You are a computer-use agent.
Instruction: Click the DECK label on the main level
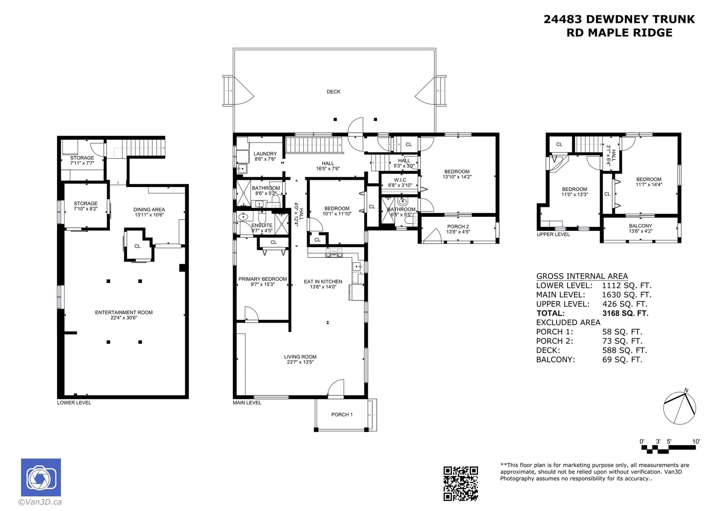333,92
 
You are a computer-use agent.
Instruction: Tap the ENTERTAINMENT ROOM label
124,313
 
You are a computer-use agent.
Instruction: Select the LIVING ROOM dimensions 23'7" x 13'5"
300,362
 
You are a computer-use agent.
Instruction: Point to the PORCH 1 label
342,414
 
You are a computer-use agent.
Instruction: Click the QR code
460,483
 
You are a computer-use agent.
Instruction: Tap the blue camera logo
41,477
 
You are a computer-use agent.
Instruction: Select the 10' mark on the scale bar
696,441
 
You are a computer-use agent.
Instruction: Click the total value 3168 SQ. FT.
625,313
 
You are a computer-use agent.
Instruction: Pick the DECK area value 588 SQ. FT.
624,350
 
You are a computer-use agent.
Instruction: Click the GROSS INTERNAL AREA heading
582,276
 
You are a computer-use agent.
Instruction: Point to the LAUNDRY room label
265,154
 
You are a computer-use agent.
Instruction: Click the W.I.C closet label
400,180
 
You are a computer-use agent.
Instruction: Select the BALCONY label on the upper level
640,226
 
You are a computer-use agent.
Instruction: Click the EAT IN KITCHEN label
323,281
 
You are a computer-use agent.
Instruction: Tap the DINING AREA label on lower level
149,210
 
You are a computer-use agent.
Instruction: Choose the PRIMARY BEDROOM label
263,279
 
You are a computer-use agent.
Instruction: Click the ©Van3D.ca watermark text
40,502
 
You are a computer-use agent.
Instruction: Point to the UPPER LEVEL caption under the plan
553,234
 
